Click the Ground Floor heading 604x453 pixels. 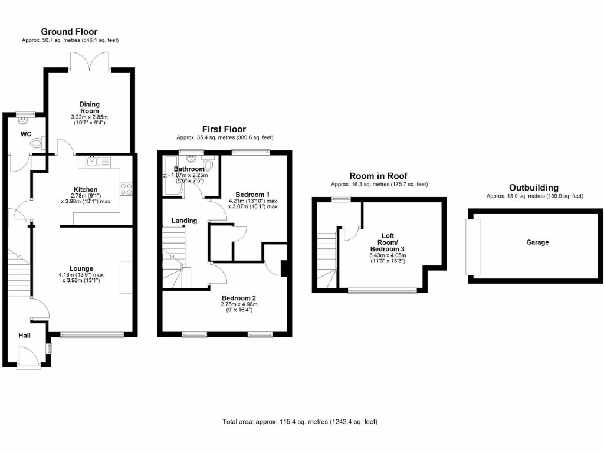coord(69,32)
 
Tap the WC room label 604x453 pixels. coord(25,134)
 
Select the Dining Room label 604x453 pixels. coord(90,107)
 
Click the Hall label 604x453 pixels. coord(24,336)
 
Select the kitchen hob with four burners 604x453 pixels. coord(126,189)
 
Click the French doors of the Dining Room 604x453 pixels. coord(90,60)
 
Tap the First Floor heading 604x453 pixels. coord(224,129)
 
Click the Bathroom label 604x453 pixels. coord(189,169)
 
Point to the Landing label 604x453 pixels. coord(184,221)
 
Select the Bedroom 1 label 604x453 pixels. coord(252,195)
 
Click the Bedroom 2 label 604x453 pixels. coord(239,298)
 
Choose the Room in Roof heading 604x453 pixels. coord(378,176)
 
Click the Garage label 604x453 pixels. coord(537,242)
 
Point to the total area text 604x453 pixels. coord(300,422)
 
